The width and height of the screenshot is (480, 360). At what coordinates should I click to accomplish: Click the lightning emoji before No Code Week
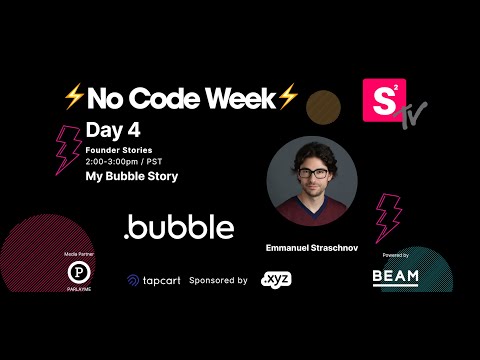(73, 98)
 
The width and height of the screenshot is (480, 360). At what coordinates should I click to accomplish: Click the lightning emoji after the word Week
(289, 98)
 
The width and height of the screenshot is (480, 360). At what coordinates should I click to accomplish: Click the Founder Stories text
(119, 149)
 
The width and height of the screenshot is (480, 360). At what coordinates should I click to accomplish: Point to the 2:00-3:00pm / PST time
(127, 160)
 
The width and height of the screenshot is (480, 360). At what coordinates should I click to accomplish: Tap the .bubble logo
(179, 228)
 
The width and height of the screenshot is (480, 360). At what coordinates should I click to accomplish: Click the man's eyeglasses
(312, 172)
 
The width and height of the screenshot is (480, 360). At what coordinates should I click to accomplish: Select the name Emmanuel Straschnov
(312, 246)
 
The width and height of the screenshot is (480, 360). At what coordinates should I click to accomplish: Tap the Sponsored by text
(217, 281)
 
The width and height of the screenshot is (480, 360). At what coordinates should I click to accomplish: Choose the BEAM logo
(396, 276)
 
